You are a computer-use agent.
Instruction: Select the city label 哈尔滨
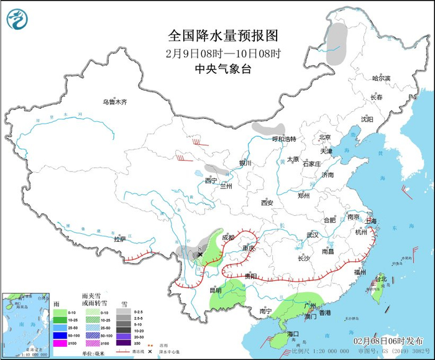[381, 78]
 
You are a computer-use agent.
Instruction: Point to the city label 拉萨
[120, 239]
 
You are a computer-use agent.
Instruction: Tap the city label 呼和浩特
[285, 139]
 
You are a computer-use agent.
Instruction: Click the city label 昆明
[216, 290]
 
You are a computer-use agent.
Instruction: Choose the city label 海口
[295, 334]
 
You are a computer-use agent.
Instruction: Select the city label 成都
[228, 238]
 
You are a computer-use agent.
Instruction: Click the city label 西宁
[211, 181]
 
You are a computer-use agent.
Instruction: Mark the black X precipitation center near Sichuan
[200, 254]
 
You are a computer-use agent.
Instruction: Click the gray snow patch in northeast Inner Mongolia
[337, 44]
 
